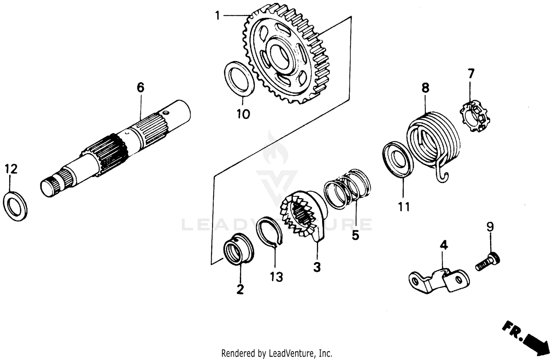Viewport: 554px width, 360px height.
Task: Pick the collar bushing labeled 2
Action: click(239, 249)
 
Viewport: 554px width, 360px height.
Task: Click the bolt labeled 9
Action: click(488, 262)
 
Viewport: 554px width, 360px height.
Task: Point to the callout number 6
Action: click(140, 88)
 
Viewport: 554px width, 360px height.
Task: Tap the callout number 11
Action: click(404, 207)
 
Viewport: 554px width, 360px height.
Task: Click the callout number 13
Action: click(276, 276)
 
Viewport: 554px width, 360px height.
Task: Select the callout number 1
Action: click(218, 16)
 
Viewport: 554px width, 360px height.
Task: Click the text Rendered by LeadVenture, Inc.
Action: click(277, 353)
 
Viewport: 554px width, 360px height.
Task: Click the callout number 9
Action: click(490, 226)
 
